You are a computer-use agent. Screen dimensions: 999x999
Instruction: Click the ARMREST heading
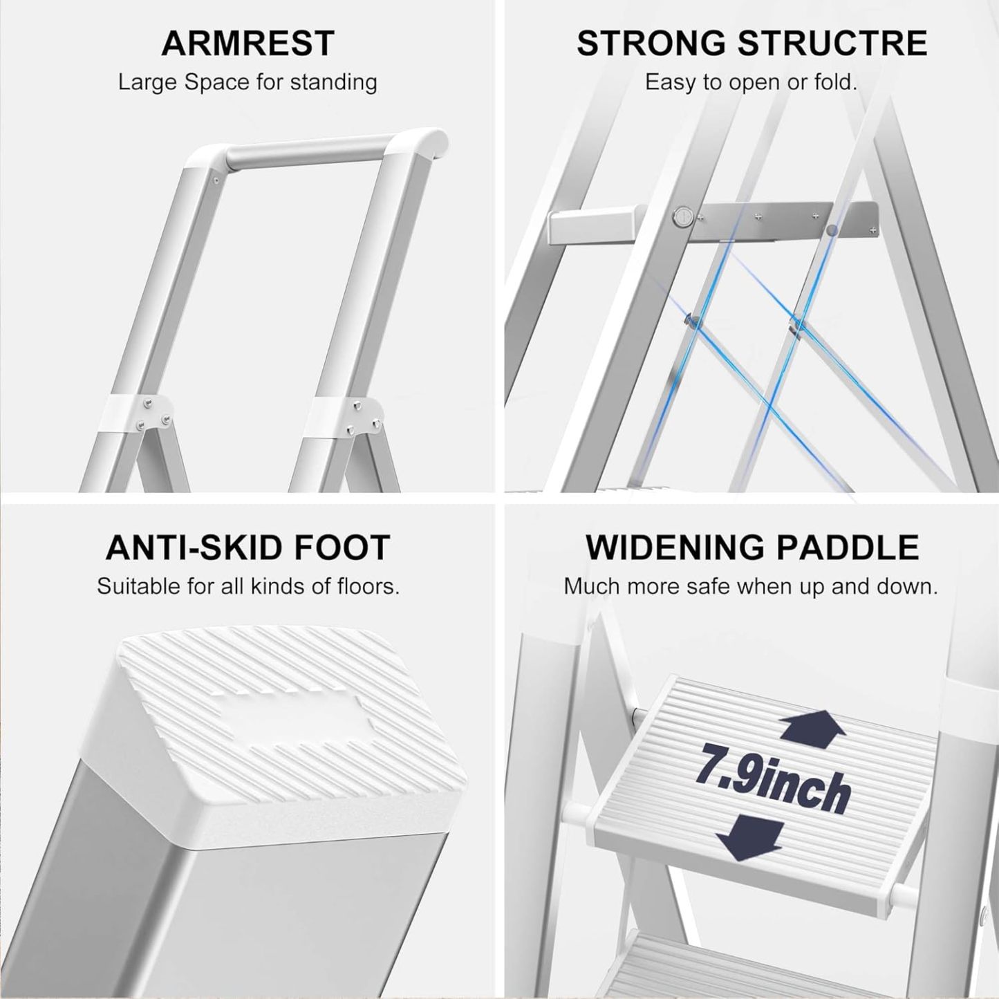pyautogui.click(x=248, y=44)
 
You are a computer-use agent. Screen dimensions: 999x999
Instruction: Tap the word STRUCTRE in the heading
pyautogui.click(x=832, y=44)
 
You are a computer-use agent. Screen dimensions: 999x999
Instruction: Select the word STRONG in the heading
pyautogui.click(x=651, y=44)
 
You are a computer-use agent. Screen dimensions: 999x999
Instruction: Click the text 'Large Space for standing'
pyautogui.click(x=248, y=83)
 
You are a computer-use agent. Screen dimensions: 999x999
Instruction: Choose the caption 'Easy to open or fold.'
pyautogui.click(x=751, y=83)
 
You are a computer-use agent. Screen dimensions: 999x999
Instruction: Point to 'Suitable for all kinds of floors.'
pyautogui.click(x=248, y=587)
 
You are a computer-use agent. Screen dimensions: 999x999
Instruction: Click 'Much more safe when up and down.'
pyautogui.click(x=751, y=587)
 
